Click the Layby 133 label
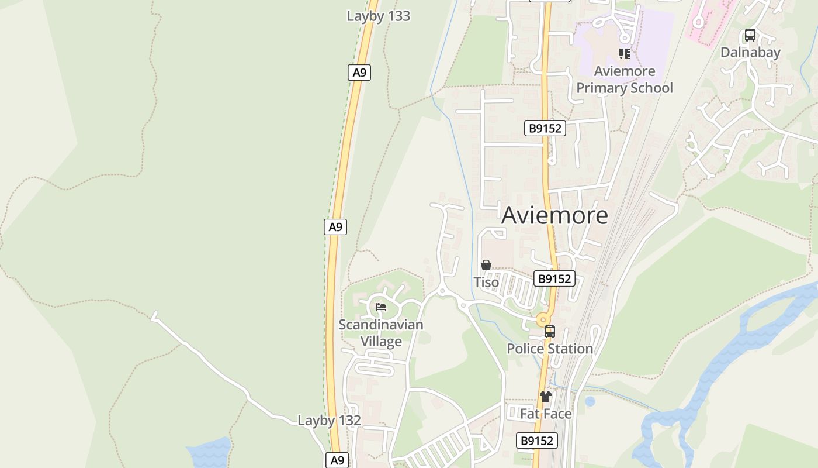pyautogui.click(x=378, y=16)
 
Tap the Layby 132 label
pyautogui.click(x=329, y=421)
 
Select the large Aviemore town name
pyautogui.click(x=554, y=215)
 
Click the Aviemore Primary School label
pyautogui.click(x=625, y=80)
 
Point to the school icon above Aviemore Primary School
pyautogui.click(x=625, y=54)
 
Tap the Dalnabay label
pyautogui.click(x=750, y=52)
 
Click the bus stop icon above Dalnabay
pyautogui.click(x=750, y=35)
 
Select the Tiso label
pyautogui.click(x=486, y=283)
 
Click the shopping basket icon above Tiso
pyautogui.click(x=486, y=265)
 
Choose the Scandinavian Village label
pyautogui.click(x=381, y=332)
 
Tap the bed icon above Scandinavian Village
pyautogui.click(x=381, y=307)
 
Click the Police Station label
pyautogui.click(x=550, y=349)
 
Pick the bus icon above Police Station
pyautogui.click(x=550, y=332)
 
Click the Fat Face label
pyautogui.click(x=546, y=414)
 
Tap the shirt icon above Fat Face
pyautogui.click(x=546, y=397)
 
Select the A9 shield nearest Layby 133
pyautogui.click(x=359, y=73)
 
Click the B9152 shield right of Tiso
pyautogui.click(x=554, y=278)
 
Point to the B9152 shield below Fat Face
pyautogui.click(x=536, y=441)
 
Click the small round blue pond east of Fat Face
pyautogui.click(x=590, y=401)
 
